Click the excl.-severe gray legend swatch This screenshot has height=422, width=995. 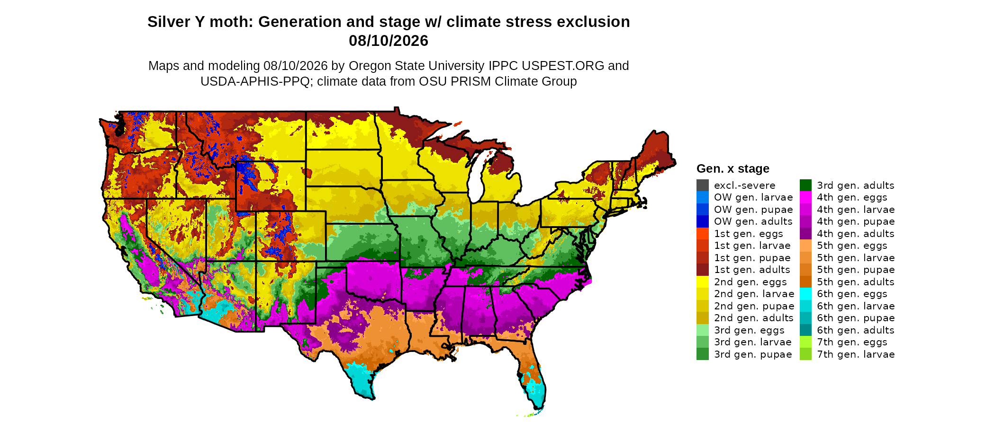pos(703,185)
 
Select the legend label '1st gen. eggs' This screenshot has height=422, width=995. pos(749,234)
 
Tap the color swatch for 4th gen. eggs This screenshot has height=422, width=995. pos(805,197)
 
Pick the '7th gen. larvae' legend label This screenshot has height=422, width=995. pos(856,354)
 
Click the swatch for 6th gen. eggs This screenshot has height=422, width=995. pos(805,294)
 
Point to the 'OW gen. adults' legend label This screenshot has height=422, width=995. pos(753,221)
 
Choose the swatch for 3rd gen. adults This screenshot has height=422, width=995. pos(805,185)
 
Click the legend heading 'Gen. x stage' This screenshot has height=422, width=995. pos(733,168)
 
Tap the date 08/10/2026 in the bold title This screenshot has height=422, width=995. pos(389,41)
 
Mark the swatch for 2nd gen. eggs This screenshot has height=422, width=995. pos(703,282)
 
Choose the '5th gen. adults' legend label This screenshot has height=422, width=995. pos(856,282)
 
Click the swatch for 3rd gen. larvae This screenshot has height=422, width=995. pos(703,342)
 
